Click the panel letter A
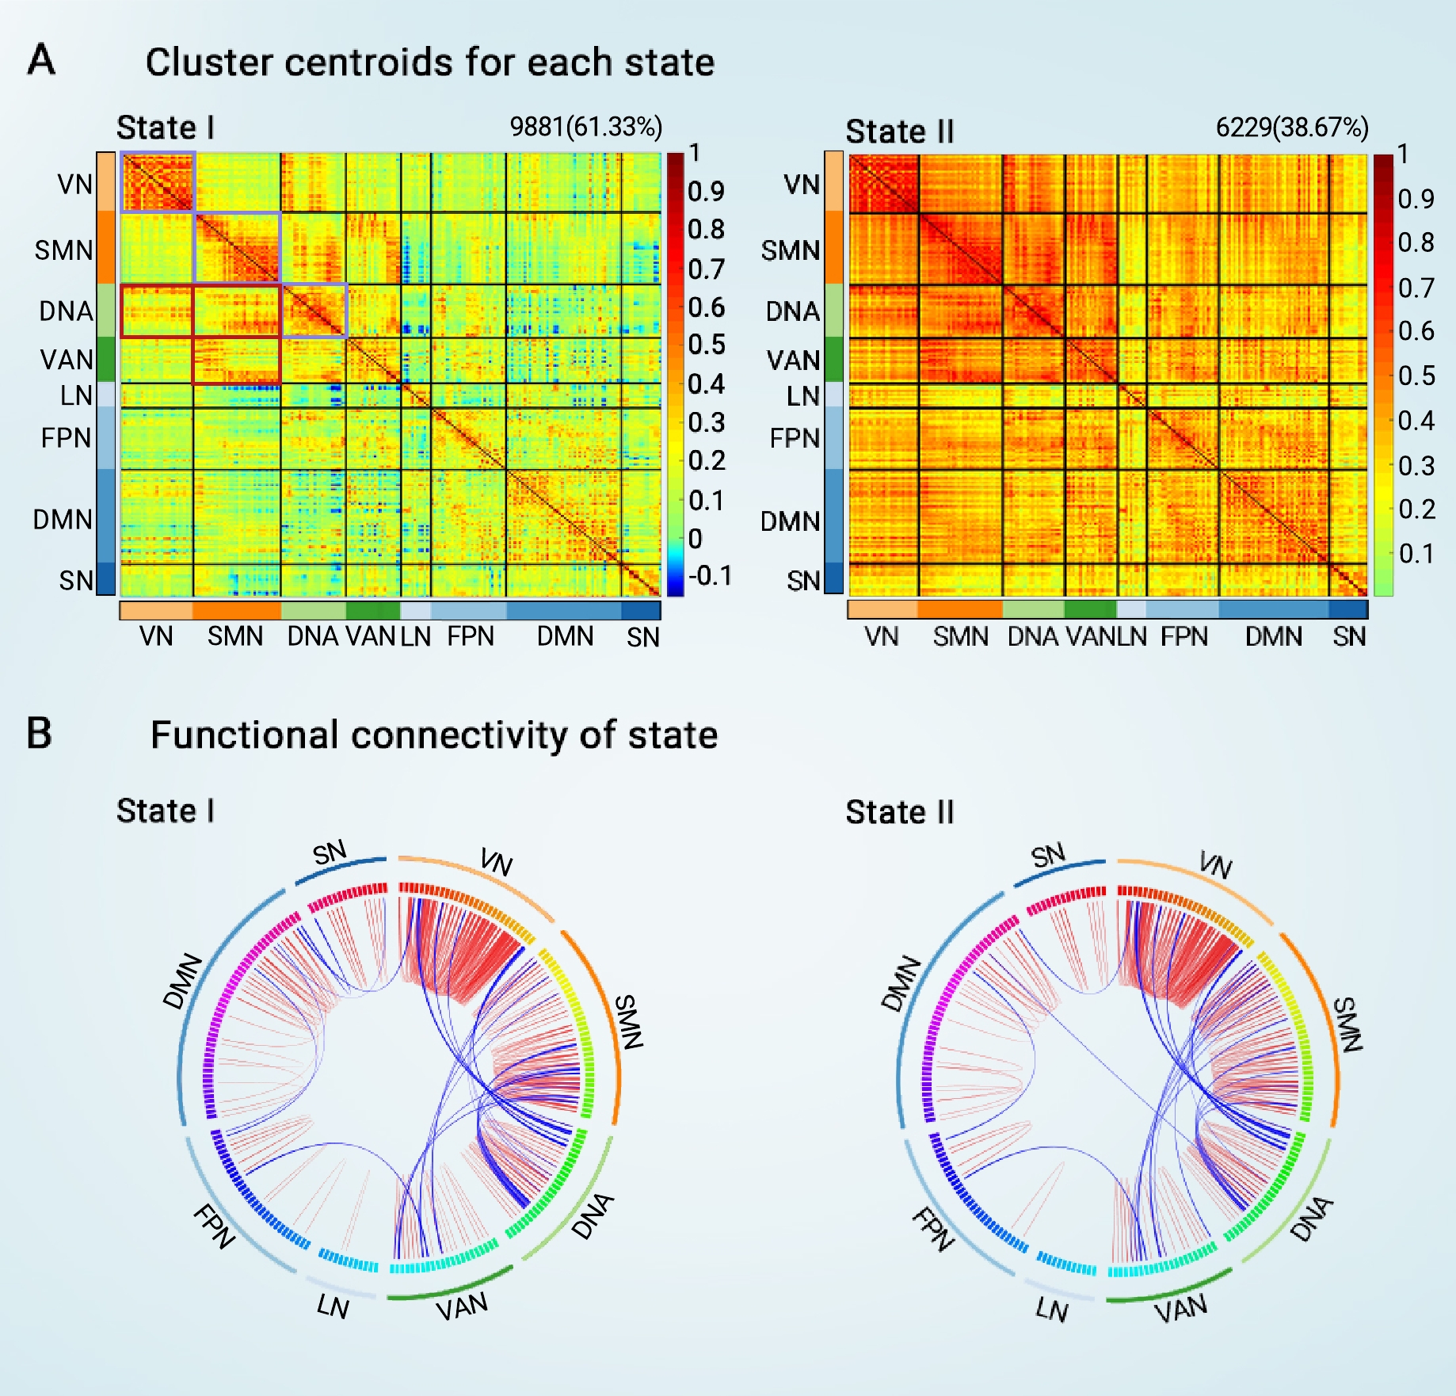[41, 59]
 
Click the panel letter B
[39, 733]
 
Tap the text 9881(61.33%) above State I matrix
[585, 127]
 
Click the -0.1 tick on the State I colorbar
[710, 575]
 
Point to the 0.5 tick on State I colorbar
[706, 345]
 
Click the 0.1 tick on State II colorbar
[1416, 553]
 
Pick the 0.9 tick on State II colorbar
[1416, 198]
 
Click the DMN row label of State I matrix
[63, 520]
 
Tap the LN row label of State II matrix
[802, 395]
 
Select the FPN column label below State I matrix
[471, 636]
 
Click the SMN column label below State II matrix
[960, 636]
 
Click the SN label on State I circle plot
[330, 853]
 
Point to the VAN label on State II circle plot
[1180, 1309]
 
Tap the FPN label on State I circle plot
[214, 1226]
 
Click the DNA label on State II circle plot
[1311, 1219]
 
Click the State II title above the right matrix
[899, 132]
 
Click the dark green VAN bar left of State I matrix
[106, 360]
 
